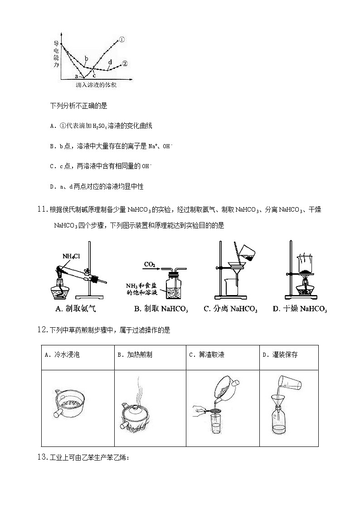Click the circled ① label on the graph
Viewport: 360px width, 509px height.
point(122,40)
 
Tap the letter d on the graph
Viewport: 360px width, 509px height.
point(110,62)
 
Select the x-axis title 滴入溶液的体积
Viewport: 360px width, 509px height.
point(96,85)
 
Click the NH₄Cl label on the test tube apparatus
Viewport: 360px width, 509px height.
point(71,256)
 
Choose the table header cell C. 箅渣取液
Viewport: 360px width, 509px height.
point(206,355)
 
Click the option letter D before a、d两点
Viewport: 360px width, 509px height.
point(52,186)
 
